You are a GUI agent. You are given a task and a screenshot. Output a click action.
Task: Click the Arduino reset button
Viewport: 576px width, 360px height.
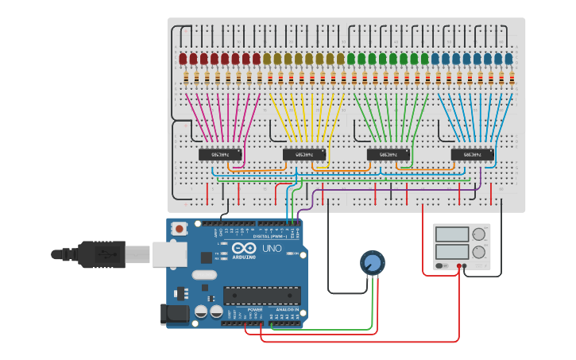(180, 229)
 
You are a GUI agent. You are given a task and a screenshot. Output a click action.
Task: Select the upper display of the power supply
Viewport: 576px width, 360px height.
(452, 234)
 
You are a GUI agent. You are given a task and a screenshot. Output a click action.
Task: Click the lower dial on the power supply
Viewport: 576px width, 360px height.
(478, 253)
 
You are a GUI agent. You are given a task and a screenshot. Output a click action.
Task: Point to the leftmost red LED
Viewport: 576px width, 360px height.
(183, 59)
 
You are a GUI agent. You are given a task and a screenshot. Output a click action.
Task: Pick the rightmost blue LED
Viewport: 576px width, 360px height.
(508, 59)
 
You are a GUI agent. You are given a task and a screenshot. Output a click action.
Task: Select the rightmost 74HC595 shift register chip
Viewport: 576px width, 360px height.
(472, 154)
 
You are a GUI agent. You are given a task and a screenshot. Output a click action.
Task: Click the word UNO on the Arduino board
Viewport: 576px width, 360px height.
(273, 249)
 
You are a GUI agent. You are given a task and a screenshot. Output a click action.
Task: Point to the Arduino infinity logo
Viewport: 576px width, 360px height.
(224, 253)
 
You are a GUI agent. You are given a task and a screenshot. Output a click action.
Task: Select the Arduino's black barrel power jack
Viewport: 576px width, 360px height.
(175, 315)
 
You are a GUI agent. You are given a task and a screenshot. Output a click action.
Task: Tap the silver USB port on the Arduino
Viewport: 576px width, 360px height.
(170, 254)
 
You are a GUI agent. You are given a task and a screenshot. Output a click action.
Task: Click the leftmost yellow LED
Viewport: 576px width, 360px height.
(267, 59)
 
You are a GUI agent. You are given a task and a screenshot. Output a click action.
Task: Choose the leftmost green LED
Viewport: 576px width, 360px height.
(351, 59)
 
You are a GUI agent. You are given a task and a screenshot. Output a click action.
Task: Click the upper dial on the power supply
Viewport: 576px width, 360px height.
(478, 234)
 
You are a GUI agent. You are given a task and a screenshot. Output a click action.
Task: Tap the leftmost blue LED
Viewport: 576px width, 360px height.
(435, 59)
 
